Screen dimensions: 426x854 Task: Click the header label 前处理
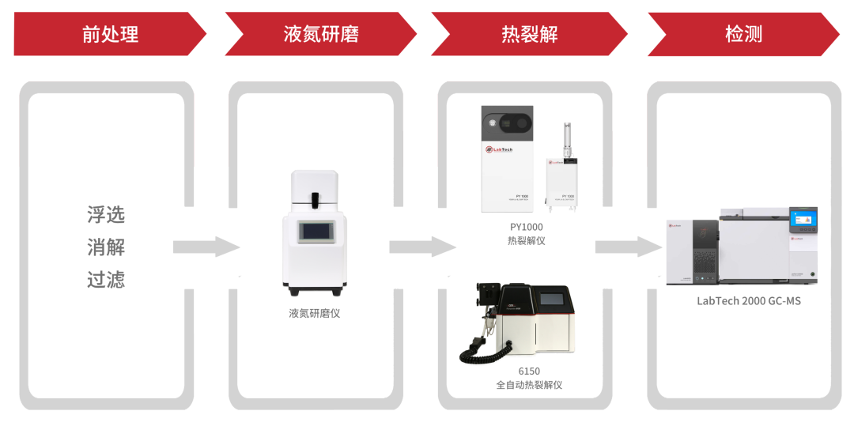[x=110, y=34]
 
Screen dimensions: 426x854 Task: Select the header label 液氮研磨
[x=321, y=34]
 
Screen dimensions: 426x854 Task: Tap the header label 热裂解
[x=530, y=34]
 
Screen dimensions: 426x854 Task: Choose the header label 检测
[x=743, y=34]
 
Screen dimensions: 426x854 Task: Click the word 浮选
[x=106, y=215]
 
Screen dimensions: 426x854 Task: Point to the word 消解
[x=106, y=247]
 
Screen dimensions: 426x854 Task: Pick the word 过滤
[x=106, y=280]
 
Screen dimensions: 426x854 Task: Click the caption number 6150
[x=529, y=371]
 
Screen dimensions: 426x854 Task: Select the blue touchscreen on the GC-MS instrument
[x=803, y=219]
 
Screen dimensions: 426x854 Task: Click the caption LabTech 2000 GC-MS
[x=748, y=300]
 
